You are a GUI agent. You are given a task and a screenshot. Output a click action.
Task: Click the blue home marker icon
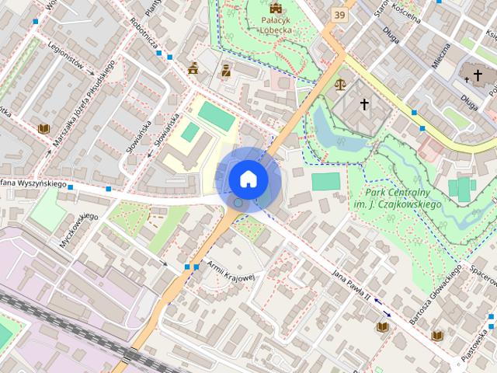248,179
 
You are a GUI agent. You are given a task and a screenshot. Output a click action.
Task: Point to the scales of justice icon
339,83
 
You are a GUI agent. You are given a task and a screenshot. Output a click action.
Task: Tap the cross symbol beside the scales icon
364,103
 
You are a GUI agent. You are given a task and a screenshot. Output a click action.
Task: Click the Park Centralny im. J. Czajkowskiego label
403,199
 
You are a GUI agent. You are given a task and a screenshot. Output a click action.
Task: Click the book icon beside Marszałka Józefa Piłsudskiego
43,128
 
